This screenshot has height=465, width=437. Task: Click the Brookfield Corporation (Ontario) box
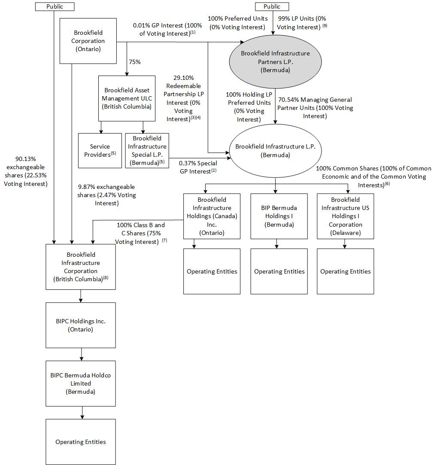(88, 41)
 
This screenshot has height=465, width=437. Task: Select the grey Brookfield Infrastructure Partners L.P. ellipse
(275, 61)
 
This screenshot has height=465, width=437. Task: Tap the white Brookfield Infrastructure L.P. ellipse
(275, 151)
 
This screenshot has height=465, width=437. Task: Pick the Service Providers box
(100, 150)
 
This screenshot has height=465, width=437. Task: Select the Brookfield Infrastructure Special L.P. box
(147, 150)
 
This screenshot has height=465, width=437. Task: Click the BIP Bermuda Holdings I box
(279, 216)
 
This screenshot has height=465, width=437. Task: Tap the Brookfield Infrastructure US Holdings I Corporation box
(345, 216)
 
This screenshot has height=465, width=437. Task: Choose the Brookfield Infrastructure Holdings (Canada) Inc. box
(212, 216)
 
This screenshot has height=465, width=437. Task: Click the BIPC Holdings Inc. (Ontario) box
(81, 325)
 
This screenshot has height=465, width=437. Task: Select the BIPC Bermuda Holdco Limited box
(81, 383)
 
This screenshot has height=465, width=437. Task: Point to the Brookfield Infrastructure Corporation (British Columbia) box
(81, 267)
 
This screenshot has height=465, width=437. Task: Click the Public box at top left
(55, 6)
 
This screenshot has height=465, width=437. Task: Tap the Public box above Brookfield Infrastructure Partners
(272, 6)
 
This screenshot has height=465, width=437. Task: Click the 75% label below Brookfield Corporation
(135, 62)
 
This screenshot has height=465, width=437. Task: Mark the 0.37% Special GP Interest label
(198, 167)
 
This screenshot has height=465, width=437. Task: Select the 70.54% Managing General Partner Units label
(315, 108)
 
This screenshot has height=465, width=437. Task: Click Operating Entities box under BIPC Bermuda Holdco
(81, 442)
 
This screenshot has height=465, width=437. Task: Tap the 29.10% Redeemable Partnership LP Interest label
(184, 98)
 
